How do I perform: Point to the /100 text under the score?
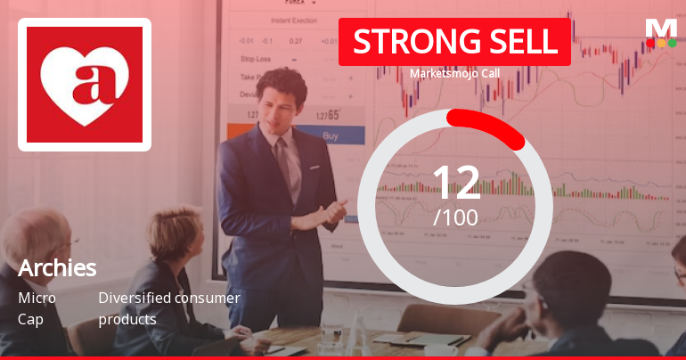pos(455,217)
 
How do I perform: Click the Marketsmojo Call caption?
pos(454,74)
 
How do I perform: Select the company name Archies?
pos(57,267)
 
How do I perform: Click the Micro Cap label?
pos(37,308)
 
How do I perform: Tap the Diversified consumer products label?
pos(168,308)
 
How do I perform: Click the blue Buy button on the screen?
pos(330,136)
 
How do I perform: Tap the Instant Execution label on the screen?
pos(293,19)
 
